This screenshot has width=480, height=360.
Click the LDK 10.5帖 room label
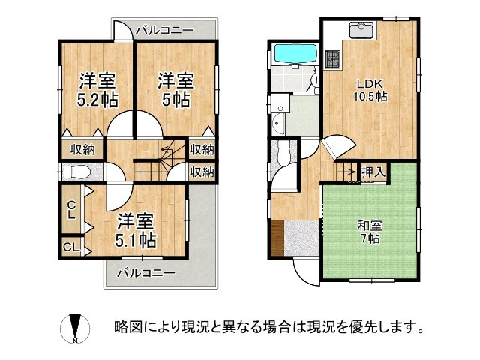tap(370, 89)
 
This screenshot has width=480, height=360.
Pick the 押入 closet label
tap(373, 172)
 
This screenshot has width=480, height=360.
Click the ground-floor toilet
tap(283, 154)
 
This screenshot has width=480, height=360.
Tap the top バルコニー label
tap(165, 30)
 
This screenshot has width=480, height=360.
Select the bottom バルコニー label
tap(145, 271)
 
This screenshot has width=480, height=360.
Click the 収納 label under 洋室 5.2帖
tap(82, 149)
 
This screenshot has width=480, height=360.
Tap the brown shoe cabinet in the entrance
tap(277, 238)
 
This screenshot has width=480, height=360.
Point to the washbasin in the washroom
tap(280, 124)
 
